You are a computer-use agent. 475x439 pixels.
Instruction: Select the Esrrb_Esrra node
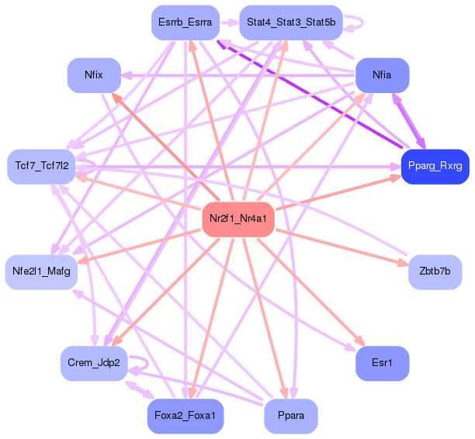tap(185, 22)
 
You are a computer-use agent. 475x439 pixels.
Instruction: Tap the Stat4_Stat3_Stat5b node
tap(291, 22)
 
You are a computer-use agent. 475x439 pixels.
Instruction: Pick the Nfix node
tap(94, 75)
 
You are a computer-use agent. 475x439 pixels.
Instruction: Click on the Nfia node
tap(382, 75)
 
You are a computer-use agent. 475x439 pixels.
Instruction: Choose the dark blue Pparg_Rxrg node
tap(435, 166)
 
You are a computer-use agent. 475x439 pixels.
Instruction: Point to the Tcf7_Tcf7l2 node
tap(42, 166)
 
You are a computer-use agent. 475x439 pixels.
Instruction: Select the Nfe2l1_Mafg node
tap(41, 271)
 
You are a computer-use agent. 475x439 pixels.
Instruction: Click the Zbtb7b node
tap(435, 271)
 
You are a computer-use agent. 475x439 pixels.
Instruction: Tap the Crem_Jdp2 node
tap(94, 363)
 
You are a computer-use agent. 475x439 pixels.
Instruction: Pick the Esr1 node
tap(382, 363)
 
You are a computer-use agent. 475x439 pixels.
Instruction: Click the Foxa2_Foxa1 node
tap(185, 416)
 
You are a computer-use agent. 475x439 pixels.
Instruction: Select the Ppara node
tap(291, 416)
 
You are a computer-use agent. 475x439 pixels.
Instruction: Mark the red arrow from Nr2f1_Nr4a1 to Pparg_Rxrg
tap(334, 194)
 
